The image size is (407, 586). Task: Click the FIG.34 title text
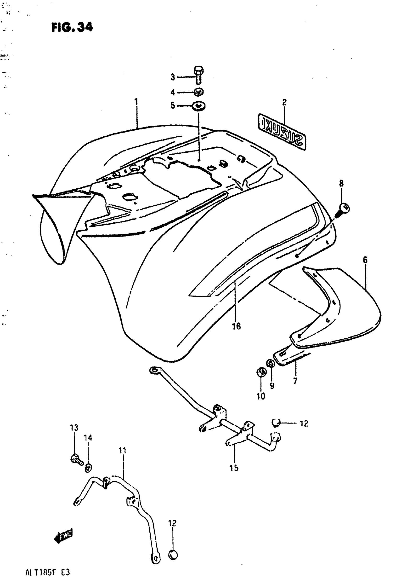coord(72,27)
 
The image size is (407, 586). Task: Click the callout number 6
coord(365,260)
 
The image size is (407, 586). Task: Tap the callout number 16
coord(236,326)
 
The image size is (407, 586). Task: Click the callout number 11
coord(122,451)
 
